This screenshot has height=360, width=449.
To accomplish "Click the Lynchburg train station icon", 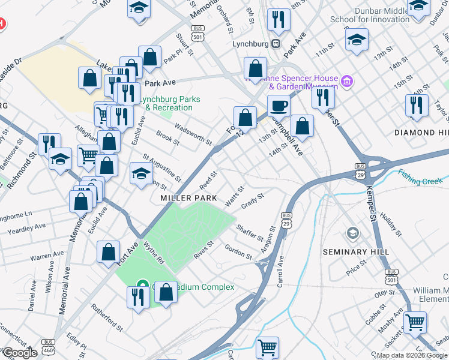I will (x=276, y=43).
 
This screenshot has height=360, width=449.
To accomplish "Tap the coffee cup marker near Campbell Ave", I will (x=279, y=107).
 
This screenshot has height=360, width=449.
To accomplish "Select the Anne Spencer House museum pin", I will (x=346, y=81).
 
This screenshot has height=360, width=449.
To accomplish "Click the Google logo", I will (x=19, y=353).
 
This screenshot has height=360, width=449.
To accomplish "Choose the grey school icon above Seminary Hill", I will (x=353, y=233).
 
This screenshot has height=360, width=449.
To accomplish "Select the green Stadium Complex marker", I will (x=142, y=286).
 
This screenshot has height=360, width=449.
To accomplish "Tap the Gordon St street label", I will (x=238, y=252).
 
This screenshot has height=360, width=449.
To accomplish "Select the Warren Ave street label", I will (x=47, y=256).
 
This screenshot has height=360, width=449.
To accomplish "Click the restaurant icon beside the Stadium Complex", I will (x=138, y=296).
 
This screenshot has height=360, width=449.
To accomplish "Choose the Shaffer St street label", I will (x=250, y=233).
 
